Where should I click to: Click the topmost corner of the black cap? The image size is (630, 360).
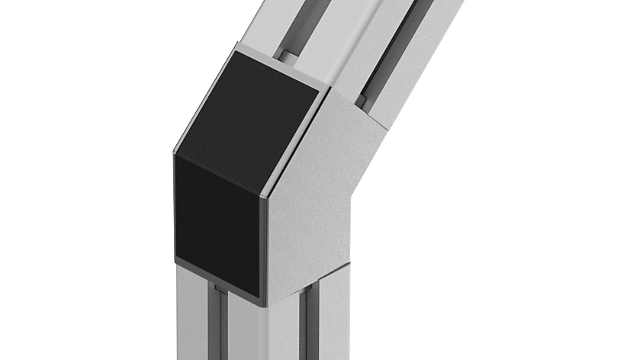[236, 52]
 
